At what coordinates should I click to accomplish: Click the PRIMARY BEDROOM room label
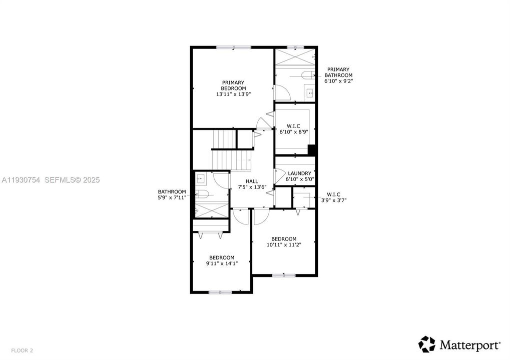point(233,88)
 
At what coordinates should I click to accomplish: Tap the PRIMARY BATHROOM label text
point(338,75)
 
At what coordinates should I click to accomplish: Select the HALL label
point(252,184)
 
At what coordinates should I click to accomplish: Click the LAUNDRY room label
point(299,176)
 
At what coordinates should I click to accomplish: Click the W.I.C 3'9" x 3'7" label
point(334,197)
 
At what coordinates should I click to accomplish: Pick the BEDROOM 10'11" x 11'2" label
point(284,241)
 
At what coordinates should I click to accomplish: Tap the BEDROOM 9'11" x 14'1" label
point(221,260)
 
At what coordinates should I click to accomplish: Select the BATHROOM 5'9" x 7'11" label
point(172,194)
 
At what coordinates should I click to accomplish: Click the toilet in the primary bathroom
point(306,75)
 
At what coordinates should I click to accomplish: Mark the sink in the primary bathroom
point(310,92)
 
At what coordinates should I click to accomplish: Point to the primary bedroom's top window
point(234,47)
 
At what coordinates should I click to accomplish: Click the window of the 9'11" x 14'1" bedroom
point(220,292)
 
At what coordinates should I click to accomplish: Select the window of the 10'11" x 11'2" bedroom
point(284,274)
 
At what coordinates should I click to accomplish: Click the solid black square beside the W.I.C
point(312,149)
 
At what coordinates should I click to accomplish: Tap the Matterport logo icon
point(427,344)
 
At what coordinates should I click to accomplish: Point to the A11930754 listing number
point(21,179)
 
